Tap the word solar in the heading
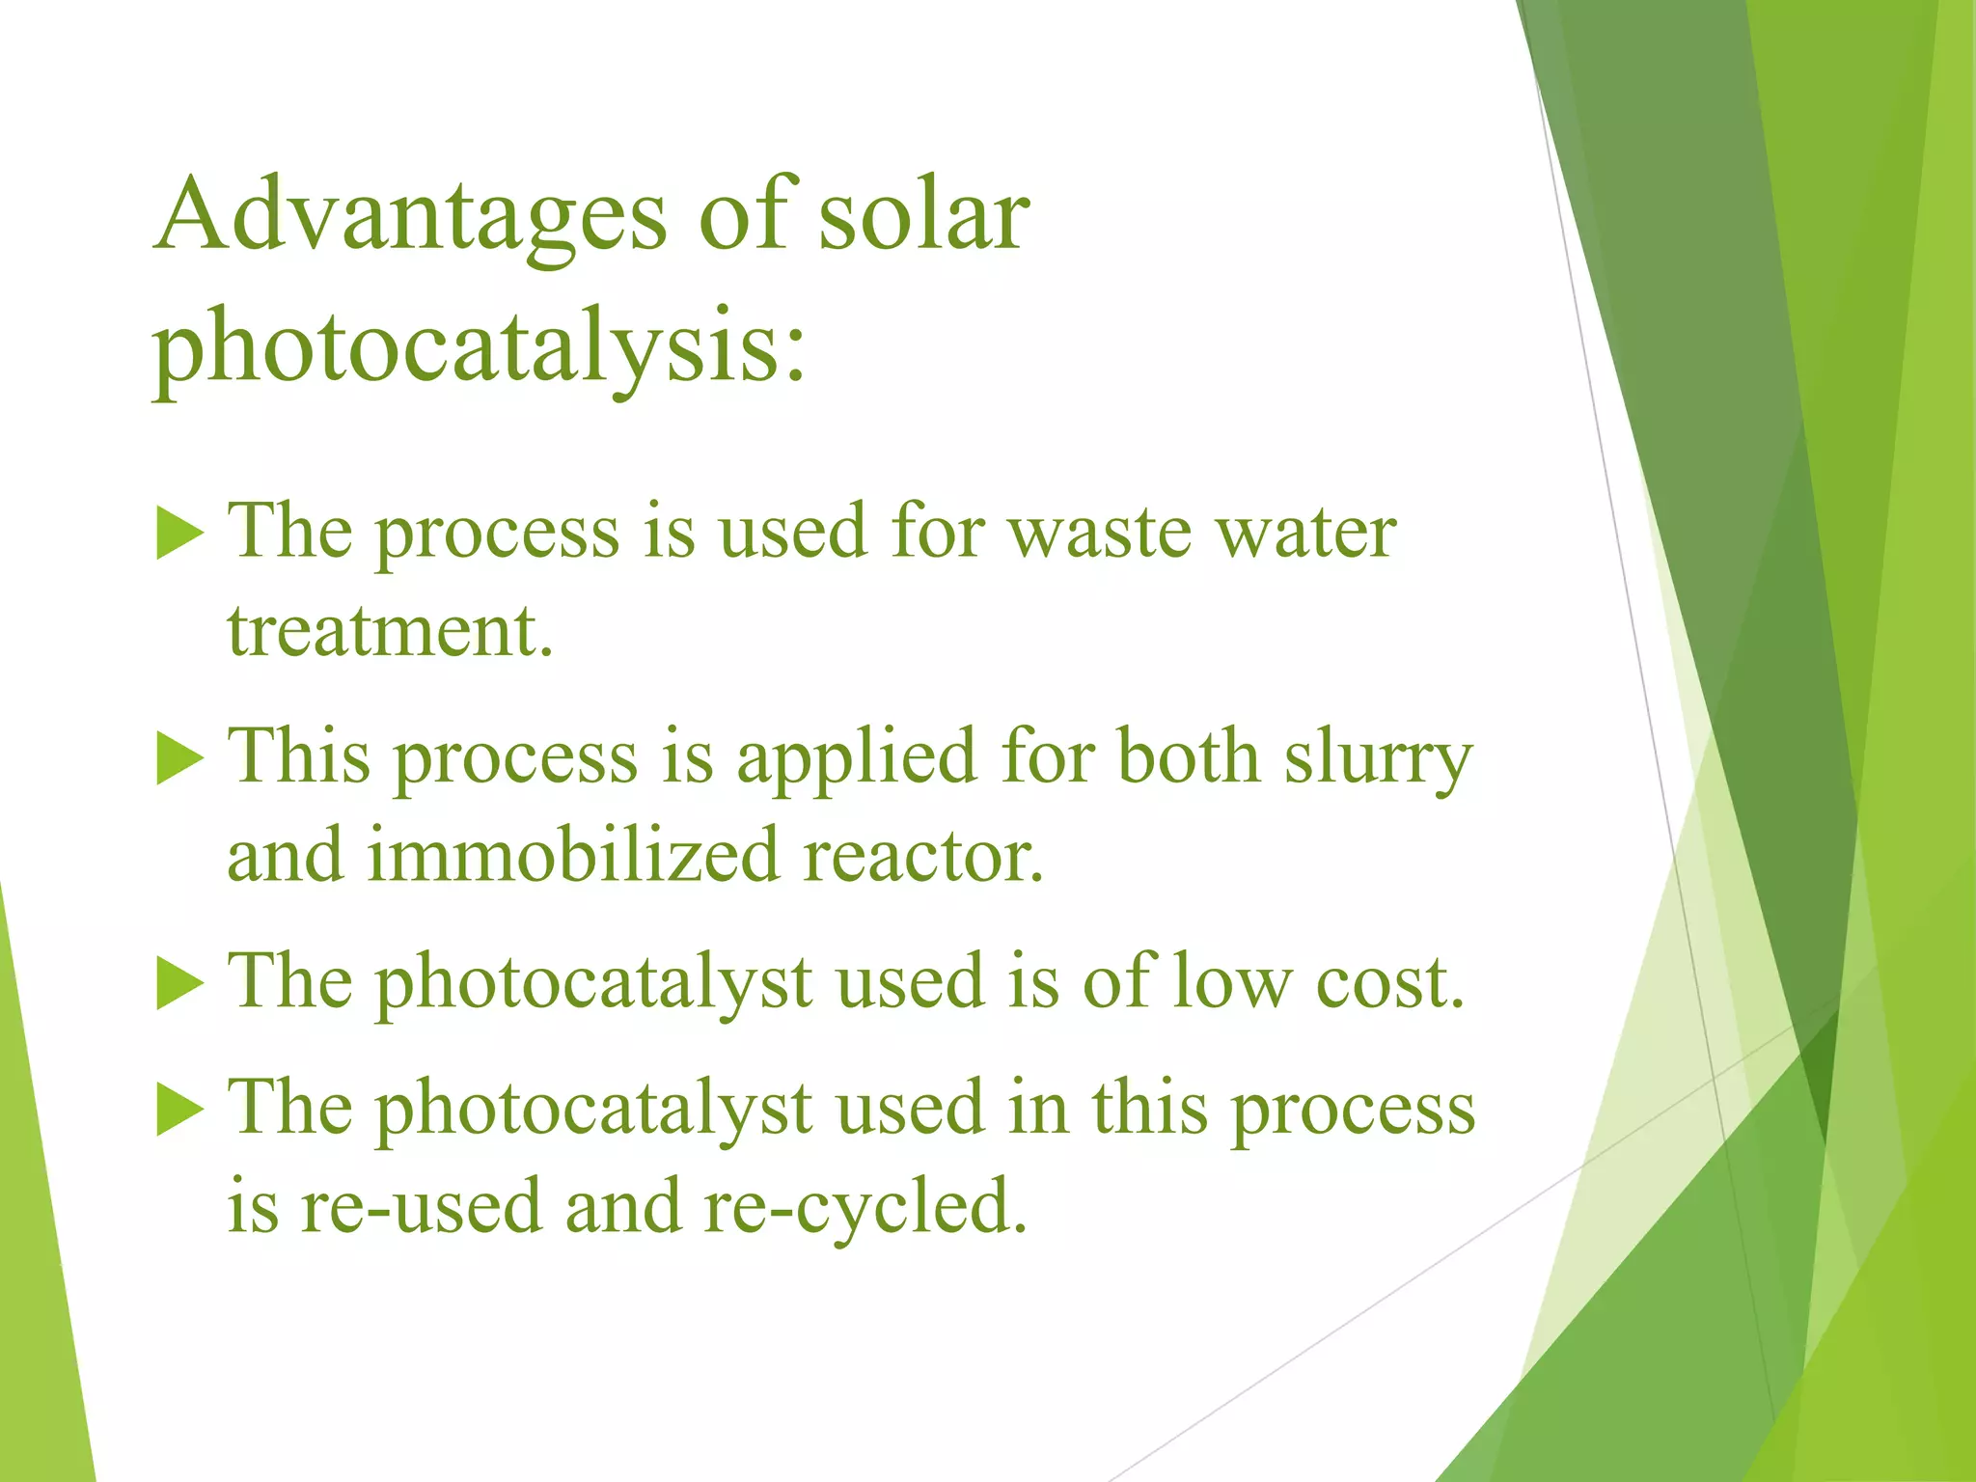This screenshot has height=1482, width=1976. [924, 214]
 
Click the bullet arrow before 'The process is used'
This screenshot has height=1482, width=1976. [180, 533]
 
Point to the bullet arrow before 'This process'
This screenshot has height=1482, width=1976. [180, 757]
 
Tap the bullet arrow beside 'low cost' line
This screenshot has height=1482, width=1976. [180, 983]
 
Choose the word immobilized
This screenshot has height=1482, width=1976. [573, 856]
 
